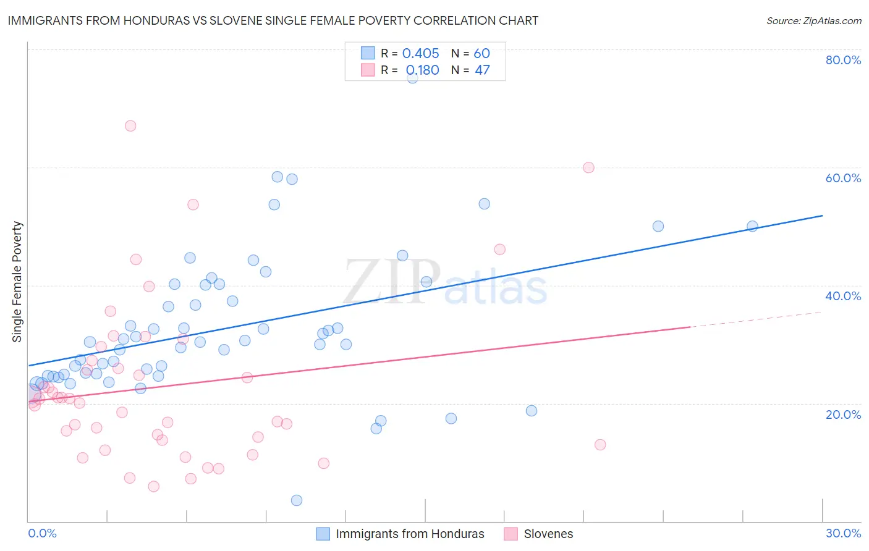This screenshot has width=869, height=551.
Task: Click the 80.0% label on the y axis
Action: (843, 60)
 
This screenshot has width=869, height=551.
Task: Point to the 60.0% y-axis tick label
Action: (843, 178)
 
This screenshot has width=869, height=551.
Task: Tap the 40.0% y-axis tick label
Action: (843, 296)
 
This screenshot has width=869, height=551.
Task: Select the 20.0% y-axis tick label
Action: (843, 414)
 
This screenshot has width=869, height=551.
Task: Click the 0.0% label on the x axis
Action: (42, 533)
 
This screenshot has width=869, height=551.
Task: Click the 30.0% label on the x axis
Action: (843, 533)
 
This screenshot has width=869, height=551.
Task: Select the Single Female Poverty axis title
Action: (17, 282)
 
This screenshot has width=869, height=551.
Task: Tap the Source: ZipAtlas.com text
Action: (813, 20)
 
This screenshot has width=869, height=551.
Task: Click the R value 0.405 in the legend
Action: (420, 54)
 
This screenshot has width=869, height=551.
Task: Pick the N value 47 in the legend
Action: (482, 70)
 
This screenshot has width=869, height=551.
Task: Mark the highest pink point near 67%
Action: (130, 125)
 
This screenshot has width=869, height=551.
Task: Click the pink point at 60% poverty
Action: (588, 167)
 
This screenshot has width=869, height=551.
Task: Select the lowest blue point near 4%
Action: (297, 500)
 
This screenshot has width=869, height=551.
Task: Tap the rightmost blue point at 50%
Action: (752, 226)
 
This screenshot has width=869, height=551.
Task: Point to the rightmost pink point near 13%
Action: (600, 445)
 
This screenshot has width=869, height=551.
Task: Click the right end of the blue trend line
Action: (822, 216)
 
